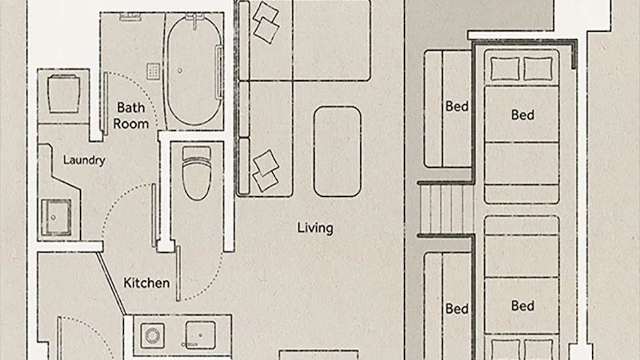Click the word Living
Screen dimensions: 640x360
point(315,228)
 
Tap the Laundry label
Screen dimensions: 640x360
point(84,160)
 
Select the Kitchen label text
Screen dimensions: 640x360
point(147,282)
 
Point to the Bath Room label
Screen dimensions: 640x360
point(131,116)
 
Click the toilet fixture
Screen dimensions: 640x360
point(196,173)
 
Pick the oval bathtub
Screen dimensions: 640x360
point(194,71)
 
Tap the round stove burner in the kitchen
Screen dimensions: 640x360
point(152,336)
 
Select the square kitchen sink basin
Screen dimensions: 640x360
point(200,335)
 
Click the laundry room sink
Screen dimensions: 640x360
point(56,217)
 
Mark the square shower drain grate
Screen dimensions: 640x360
point(153,71)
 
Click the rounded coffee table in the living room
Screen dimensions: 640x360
point(337,152)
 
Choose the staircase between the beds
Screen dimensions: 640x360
point(446,209)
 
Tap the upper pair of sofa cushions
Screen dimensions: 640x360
point(265,22)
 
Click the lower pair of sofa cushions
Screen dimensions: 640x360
point(265,171)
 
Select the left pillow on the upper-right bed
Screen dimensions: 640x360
point(505,69)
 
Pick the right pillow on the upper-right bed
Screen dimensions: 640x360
point(538,69)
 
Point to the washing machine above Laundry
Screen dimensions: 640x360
point(64,94)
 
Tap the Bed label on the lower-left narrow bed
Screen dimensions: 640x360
point(457,309)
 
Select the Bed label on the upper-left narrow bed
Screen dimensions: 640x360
point(457,107)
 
